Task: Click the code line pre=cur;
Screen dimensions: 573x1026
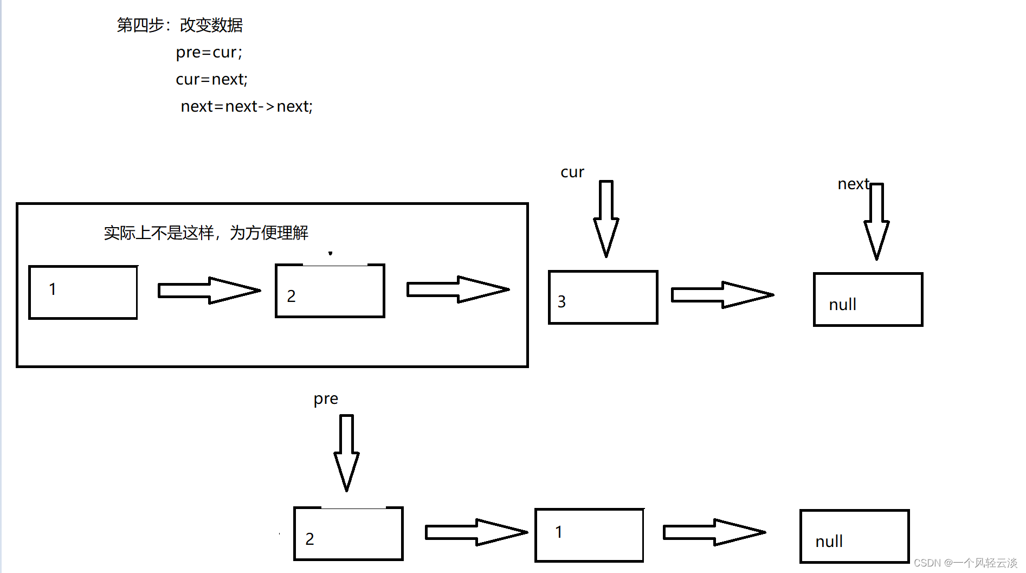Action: pyautogui.click(x=209, y=53)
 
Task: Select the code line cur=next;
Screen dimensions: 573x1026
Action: pyautogui.click(x=211, y=80)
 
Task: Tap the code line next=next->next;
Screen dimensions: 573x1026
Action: pyautogui.click(x=247, y=107)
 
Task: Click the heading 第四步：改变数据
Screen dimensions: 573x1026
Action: pyautogui.click(x=179, y=25)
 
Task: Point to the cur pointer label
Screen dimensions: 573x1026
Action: pyautogui.click(x=572, y=172)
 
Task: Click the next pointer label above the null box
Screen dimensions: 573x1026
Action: pyautogui.click(x=853, y=184)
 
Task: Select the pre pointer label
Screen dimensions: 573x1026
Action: pyautogui.click(x=325, y=399)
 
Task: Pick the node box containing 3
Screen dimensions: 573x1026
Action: pyautogui.click(x=603, y=297)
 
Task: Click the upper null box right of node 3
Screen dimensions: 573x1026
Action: pyautogui.click(x=868, y=299)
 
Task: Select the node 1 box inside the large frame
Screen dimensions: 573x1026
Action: pyautogui.click(x=83, y=292)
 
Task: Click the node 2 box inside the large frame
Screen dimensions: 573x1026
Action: pyautogui.click(x=330, y=291)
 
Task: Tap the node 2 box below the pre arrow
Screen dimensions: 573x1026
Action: pyautogui.click(x=348, y=533)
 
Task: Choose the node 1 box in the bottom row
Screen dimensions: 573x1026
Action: pyautogui.click(x=589, y=535)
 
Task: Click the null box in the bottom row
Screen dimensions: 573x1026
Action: pyautogui.click(x=854, y=536)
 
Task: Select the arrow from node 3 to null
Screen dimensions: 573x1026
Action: pyautogui.click(x=722, y=295)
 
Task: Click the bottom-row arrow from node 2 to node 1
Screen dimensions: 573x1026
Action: pyautogui.click(x=476, y=532)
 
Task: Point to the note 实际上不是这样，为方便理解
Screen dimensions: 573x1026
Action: pyautogui.click(x=206, y=233)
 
